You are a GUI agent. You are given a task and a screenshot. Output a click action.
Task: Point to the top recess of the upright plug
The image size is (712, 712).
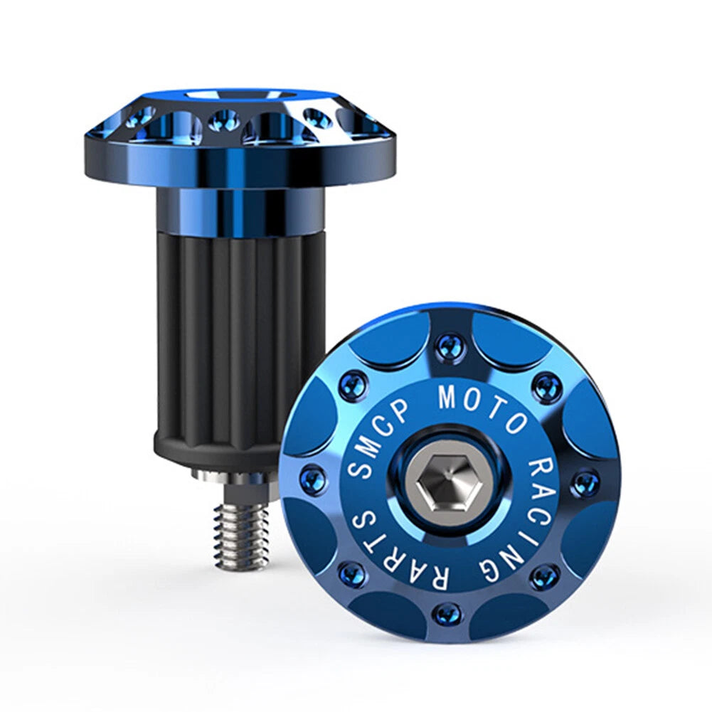(240, 94)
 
